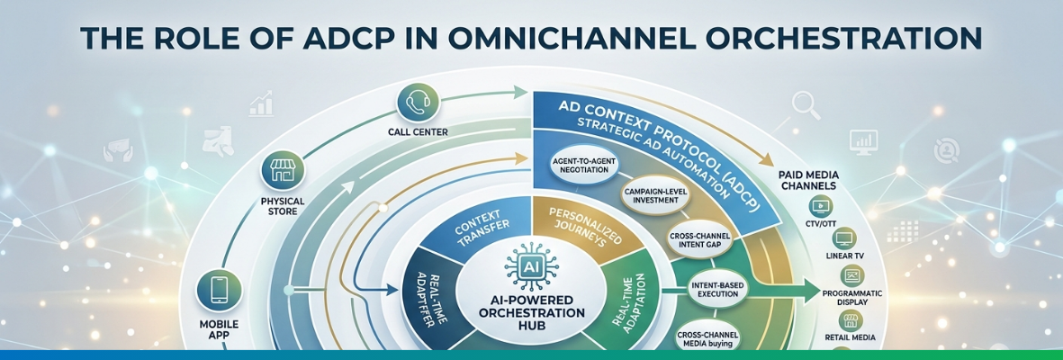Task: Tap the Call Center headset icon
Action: tap(416, 102)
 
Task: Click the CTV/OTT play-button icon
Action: tap(821, 205)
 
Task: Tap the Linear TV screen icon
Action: tap(844, 238)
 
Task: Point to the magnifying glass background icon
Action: tap(805, 106)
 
